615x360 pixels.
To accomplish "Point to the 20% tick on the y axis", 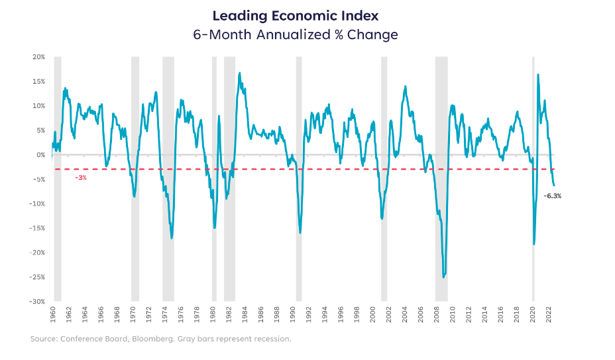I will [x=37, y=57].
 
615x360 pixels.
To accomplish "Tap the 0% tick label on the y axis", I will [x=39, y=154].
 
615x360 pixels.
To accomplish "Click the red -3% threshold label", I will [x=80, y=178].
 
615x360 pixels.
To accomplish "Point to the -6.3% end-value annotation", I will [x=552, y=196].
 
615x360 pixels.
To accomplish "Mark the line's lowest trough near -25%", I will [x=443, y=276].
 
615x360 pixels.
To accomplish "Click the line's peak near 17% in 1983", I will [x=239, y=74].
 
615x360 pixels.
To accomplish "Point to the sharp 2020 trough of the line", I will [x=534, y=244].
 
